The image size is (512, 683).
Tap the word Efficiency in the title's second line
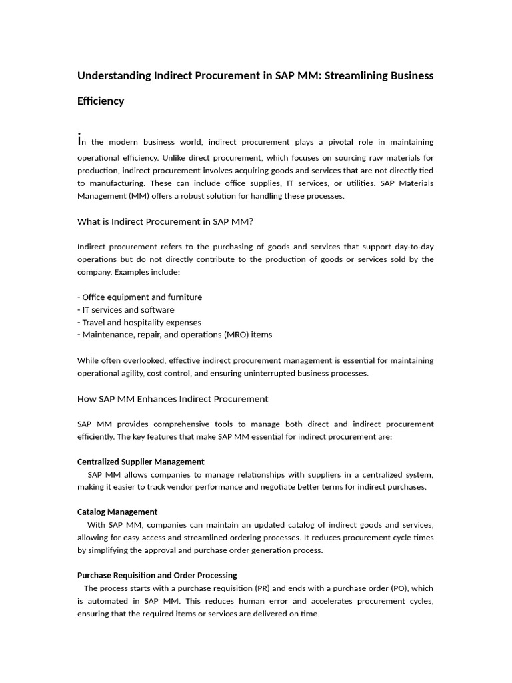click(101, 101)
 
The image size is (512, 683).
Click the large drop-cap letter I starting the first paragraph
click(79, 140)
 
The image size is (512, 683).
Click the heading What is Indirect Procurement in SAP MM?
click(165, 221)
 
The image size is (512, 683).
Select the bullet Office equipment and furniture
click(141, 297)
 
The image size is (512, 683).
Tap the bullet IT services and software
click(127, 310)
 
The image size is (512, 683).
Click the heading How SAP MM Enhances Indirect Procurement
click(173, 399)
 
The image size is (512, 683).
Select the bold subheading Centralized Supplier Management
click(141, 462)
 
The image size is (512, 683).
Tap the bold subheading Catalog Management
click(117, 512)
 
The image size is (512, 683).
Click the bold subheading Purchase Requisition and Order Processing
click(157, 575)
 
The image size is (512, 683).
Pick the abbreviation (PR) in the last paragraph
click(263, 588)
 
